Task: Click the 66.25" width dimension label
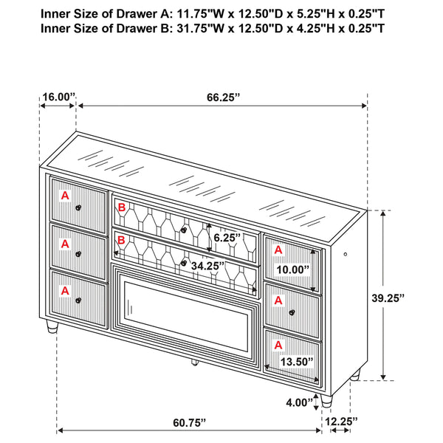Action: [222, 97]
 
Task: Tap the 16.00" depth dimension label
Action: [58, 97]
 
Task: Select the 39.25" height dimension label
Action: [389, 298]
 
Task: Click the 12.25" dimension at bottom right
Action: [341, 422]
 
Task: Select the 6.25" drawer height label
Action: [226, 238]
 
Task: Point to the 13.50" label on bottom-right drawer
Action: [295, 362]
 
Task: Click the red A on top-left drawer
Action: [65, 196]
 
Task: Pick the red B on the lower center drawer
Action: [121, 240]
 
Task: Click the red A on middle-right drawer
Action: [278, 300]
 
